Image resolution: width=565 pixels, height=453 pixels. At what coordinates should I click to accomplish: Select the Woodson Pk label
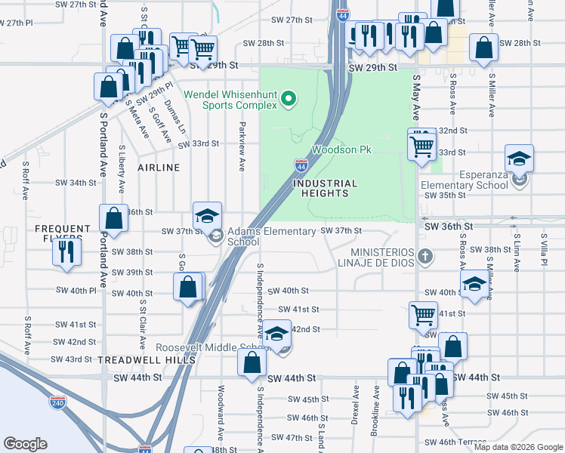point(342,150)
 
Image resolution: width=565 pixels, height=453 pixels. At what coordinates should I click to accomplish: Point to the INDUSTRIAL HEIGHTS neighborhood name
point(325,188)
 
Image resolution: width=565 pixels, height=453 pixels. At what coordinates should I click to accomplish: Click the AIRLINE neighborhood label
point(159,167)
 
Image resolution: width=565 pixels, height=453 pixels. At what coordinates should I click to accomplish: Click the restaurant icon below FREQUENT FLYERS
point(67,251)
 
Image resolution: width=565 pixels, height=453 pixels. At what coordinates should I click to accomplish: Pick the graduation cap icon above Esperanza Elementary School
point(519,159)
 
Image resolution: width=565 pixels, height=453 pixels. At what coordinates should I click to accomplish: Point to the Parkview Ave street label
point(242,145)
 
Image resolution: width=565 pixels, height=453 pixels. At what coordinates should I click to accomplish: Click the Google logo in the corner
point(26,444)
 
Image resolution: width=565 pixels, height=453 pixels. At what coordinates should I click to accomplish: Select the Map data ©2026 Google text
point(517,447)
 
